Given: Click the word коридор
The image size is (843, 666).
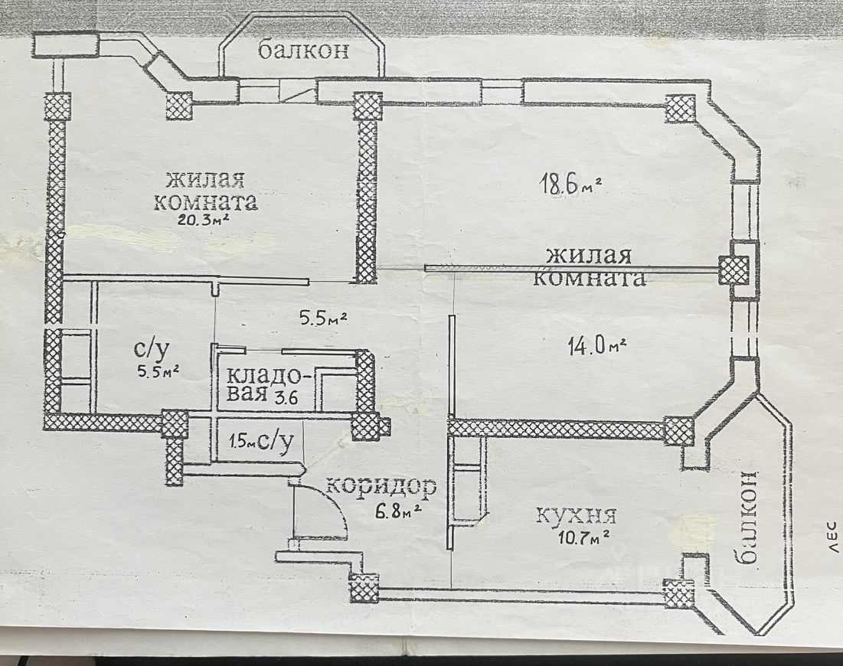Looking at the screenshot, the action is click(x=381, y=485).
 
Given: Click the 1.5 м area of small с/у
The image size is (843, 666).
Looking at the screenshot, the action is click(x=238, y=441).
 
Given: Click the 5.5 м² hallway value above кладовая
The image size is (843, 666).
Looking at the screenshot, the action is click(x=322, y=317).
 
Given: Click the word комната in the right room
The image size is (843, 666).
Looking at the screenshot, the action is click(x=588, y=277).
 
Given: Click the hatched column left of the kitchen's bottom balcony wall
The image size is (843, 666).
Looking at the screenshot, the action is click(x=678, y=594).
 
